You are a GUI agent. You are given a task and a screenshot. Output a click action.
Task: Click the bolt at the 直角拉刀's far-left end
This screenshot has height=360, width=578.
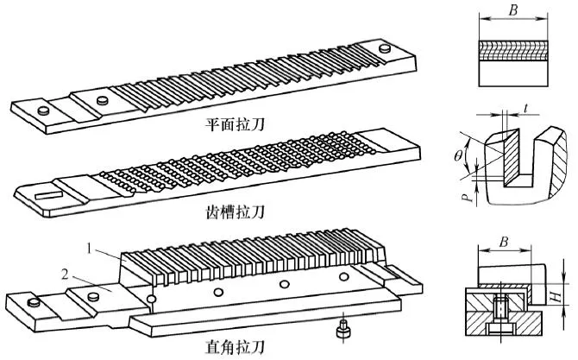[x=34, y=302]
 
